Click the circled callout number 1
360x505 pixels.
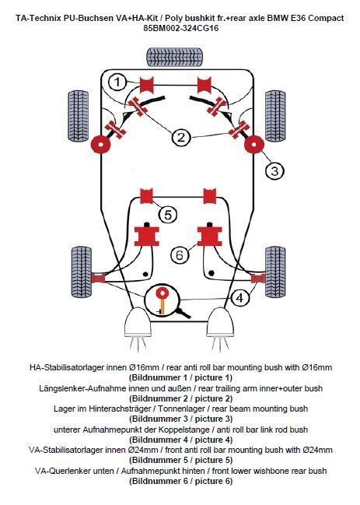point(117,82)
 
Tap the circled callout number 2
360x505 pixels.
point(181,138)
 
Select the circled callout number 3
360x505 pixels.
point(274,170)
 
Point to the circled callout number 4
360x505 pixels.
point(239,298)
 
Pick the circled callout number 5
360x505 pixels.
point(168,215)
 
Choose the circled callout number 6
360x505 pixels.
point(180,255)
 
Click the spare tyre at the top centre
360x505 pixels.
point(175,57)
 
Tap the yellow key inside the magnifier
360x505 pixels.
point(163,303)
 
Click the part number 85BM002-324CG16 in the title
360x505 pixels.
point(181,28)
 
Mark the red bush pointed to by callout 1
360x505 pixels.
point(146,84)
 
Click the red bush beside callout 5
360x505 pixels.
point(146,196)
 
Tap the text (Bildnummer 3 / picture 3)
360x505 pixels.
point(180,419)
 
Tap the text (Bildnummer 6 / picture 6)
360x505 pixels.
point(180,481)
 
